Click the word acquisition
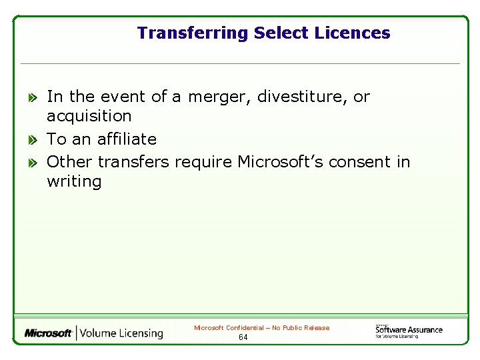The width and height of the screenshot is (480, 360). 89,117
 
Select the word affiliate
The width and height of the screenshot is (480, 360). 127,139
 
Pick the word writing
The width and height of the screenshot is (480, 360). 74,182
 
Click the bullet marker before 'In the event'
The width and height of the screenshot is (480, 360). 32,97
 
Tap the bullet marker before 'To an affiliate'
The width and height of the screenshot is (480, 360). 32,140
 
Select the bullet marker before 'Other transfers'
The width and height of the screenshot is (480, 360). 32,163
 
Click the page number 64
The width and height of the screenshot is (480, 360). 243,337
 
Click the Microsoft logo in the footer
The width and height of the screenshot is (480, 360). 48,333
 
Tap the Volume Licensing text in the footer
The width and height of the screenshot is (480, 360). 122,333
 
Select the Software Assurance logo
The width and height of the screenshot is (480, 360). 409,331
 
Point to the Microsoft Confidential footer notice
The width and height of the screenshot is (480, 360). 261,327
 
